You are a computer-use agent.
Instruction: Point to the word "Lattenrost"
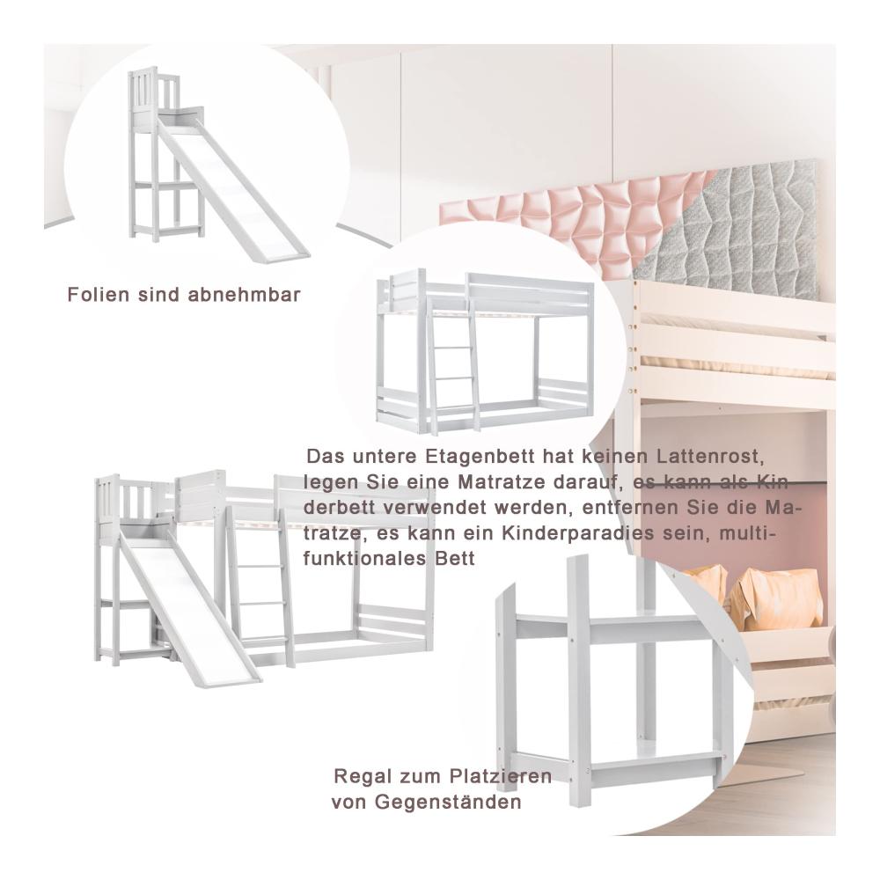point(709,456)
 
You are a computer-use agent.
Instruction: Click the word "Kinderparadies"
point(578,532)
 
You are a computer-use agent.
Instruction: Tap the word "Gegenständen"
point(448,802)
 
